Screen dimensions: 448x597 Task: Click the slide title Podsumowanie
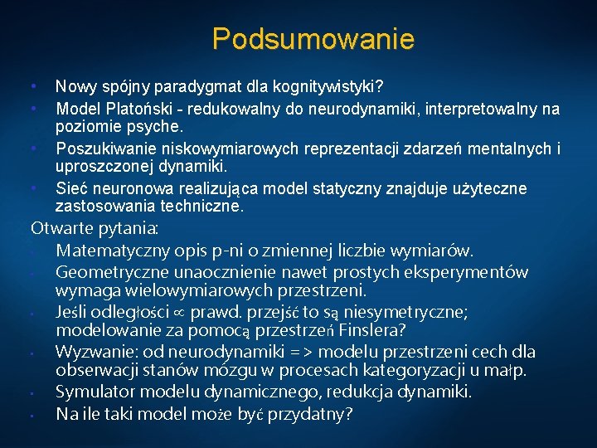(x=313, y=38)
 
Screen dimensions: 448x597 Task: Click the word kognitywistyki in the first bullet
(x=340, y=87)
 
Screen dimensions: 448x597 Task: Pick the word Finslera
(x=381, y=331)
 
